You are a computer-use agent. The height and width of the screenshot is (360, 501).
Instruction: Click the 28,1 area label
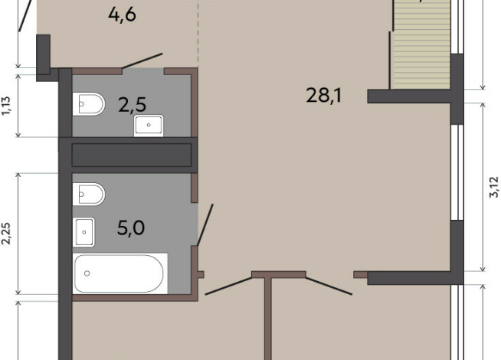[324, 96]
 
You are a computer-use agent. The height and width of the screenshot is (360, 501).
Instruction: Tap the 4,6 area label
[122, 15]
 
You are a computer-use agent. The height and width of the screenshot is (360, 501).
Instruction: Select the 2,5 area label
[132, 105]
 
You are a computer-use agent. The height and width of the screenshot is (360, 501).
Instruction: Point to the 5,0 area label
[131, 227]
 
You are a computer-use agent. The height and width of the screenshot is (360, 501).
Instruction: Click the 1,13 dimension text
[6, 106]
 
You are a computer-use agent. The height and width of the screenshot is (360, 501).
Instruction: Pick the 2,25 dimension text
[6, 234]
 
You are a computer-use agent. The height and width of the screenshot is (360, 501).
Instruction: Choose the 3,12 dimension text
[494, 187]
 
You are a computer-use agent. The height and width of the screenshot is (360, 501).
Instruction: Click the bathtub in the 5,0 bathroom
[120, 273]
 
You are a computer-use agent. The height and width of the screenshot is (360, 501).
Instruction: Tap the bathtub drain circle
[87, 273]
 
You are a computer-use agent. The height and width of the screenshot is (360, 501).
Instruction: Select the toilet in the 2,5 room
[89, 104]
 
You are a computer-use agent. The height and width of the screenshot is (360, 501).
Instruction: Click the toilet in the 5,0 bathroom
[89, 194]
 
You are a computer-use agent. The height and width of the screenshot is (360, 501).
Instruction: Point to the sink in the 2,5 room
[149, 125]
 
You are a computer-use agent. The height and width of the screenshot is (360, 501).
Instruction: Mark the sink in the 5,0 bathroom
[83, 232]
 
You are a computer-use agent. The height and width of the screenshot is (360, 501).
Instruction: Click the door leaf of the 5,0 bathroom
[205, 225]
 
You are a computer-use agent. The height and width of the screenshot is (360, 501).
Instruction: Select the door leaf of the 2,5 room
[142, 61]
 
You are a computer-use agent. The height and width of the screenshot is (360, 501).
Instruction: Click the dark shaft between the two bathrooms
[132, 155]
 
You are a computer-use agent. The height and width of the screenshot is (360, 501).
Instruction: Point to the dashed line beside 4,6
[198, 34]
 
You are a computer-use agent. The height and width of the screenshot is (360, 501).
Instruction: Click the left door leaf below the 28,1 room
[228, 286]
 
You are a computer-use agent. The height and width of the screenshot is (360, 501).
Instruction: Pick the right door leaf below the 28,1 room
[329, 286]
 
